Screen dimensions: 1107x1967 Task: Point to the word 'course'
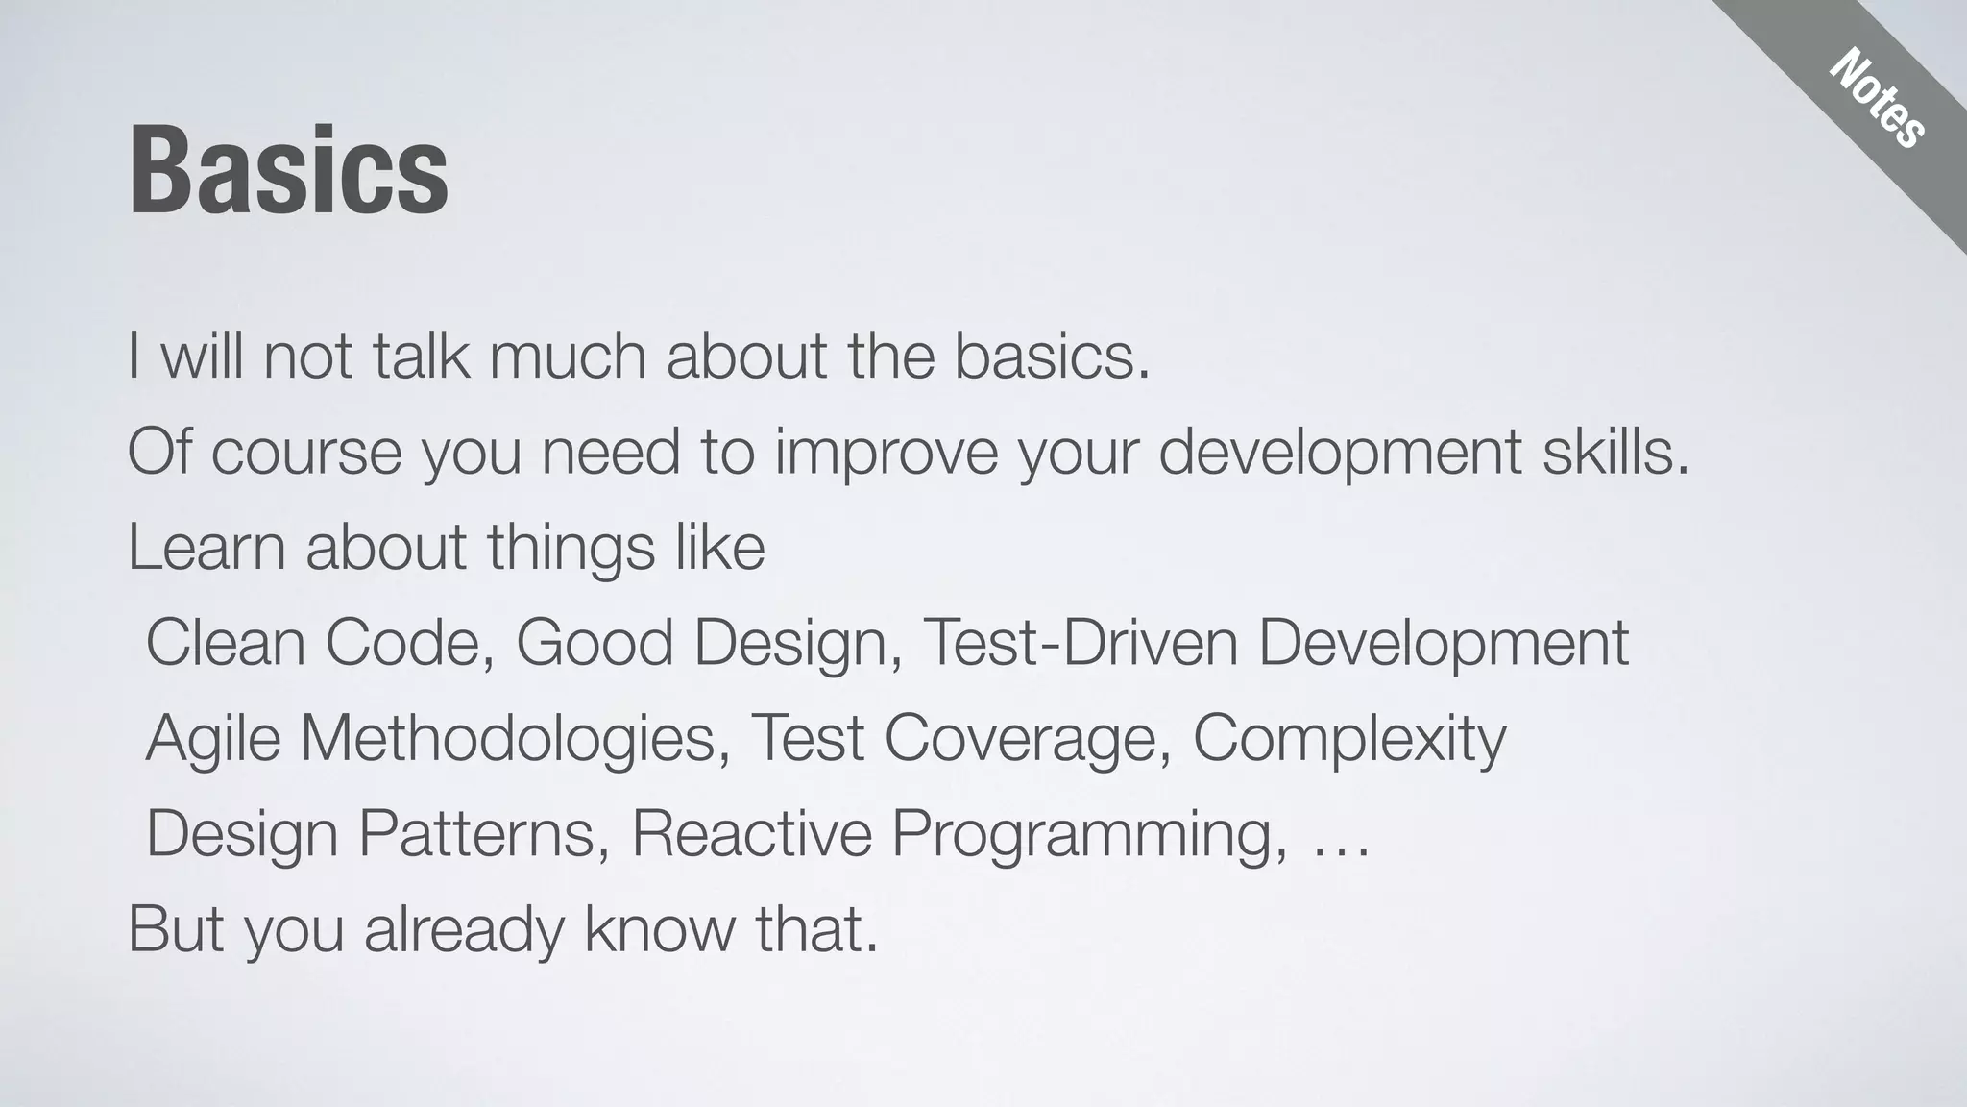tap(306, 453)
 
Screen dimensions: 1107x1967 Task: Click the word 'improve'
tap(886, 453)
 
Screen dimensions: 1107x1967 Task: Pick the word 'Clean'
tap(226, 643)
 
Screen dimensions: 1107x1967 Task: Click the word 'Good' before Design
tap(595, 643)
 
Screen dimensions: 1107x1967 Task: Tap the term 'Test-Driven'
tap(1080, 643)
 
